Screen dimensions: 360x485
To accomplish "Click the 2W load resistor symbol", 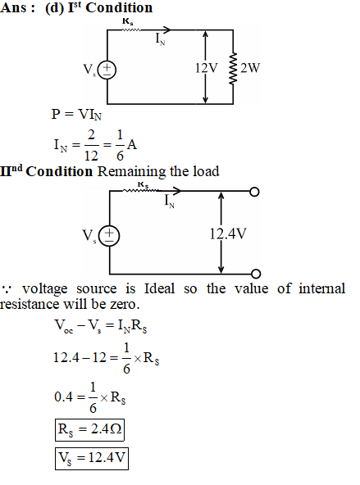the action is point(233,68).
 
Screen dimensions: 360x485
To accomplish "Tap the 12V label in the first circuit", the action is point(207,68).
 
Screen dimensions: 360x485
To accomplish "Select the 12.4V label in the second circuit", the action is point(228,233).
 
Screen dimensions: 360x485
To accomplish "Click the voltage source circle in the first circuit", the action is point(107,70).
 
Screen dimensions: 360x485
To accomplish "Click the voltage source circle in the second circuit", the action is point(109,237).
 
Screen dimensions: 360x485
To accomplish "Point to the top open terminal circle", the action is point(254,192).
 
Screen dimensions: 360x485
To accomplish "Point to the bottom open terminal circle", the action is point(256,274).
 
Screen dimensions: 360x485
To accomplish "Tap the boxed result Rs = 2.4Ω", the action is point(89,429).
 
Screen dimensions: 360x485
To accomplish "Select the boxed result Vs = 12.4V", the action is point(92,459).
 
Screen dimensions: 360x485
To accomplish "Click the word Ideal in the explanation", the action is point(159,288).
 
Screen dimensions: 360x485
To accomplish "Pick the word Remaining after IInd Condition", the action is point(131,172).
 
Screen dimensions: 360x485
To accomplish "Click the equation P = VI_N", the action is point(76,115).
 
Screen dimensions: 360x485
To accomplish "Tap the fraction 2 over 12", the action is point(91,145).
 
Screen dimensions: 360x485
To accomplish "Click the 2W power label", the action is point(250,68).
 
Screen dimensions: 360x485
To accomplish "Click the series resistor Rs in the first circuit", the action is point(131,29).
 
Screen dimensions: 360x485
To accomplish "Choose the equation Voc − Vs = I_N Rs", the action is point(101,326).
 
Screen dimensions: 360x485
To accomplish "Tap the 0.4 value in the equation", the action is point(63,397).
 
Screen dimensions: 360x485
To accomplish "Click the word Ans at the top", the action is point(13,7).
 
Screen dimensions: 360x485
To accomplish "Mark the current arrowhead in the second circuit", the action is point(176,191).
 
